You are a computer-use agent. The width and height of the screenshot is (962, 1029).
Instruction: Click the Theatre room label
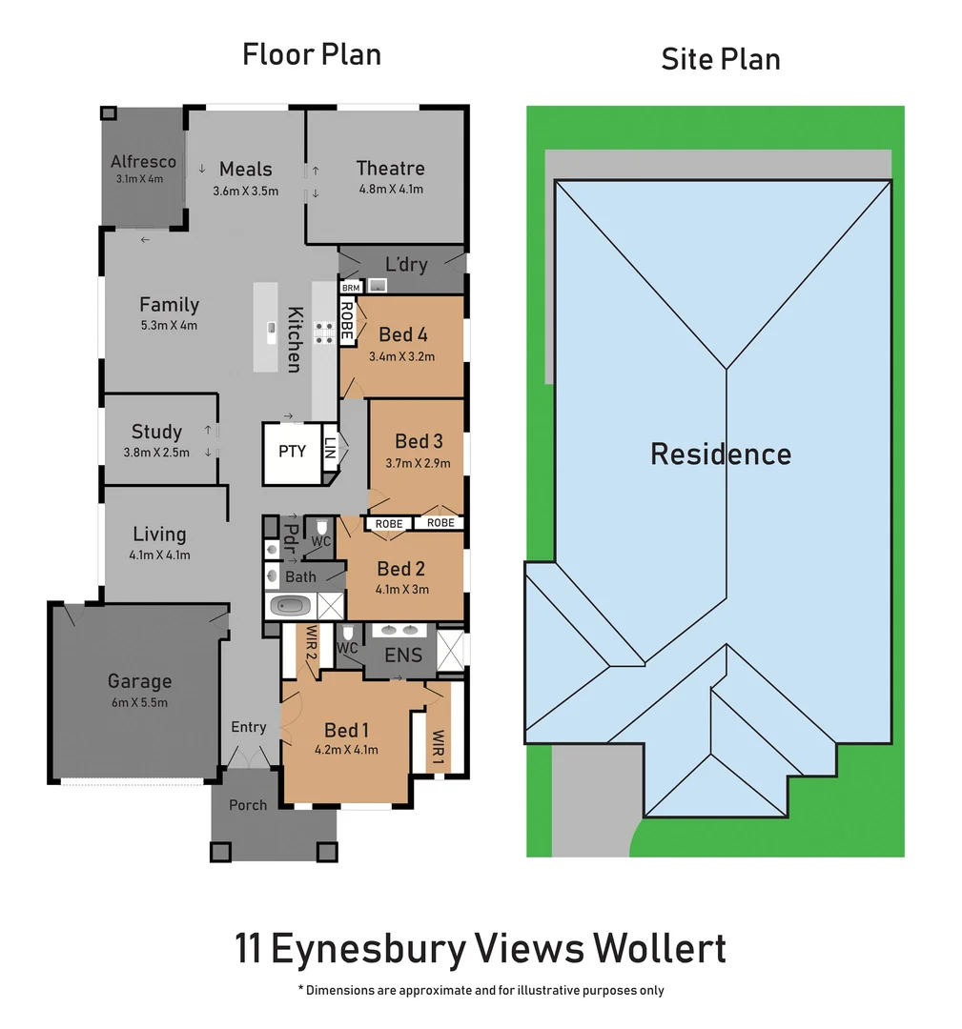390,169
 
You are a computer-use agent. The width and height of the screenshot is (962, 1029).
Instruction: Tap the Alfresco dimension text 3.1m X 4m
139,178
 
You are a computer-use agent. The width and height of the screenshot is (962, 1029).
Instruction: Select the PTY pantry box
292,451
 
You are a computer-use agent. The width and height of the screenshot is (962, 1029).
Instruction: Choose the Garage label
139,681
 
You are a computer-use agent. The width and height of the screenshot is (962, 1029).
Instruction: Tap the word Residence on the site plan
721,454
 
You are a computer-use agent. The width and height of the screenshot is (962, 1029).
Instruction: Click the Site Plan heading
721,59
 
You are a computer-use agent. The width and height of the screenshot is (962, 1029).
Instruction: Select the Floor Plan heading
312,54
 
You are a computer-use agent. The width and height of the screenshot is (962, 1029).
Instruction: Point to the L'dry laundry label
406,264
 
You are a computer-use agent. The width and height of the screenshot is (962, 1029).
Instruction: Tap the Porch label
248,805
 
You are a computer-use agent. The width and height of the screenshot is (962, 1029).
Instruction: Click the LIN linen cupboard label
330,449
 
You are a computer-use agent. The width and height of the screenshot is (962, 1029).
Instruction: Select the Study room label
156,432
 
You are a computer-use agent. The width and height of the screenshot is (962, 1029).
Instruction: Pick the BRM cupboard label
351,287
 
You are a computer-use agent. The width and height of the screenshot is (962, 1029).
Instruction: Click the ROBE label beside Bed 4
347,321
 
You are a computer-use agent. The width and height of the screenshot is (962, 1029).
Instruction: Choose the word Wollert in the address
659,949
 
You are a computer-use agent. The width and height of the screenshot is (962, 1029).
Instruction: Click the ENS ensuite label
403,655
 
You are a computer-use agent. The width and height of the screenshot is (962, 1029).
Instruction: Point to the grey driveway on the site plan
588,800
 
